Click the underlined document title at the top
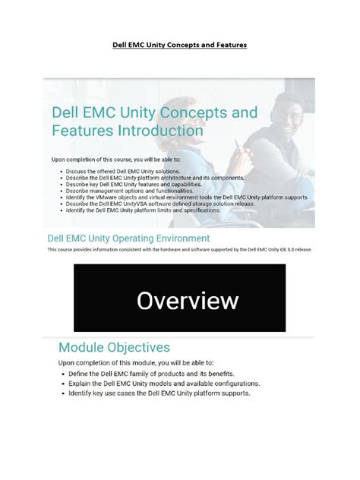(180, 45)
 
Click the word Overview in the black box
(187, 301)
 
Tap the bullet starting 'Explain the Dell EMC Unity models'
(163, 384)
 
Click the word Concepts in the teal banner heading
(193, 112)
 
